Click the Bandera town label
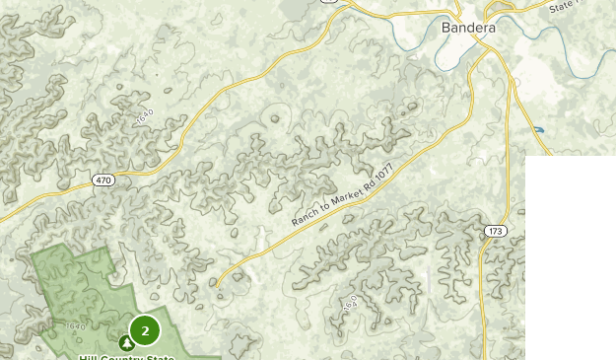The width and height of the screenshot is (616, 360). point(468,29)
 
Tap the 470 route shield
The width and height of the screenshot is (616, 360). point(103,180)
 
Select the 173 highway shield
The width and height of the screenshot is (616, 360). point(495,231)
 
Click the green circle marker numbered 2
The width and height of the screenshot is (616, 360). point(145,330)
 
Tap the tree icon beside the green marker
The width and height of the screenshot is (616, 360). point(126,343)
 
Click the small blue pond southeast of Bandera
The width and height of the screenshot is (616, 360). point(537,129)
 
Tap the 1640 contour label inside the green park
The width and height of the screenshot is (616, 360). point(74,325)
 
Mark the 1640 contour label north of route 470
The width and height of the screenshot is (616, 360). point(145,116)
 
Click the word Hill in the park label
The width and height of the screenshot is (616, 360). point(91,357)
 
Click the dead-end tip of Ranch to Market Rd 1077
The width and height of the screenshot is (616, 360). point(217,283)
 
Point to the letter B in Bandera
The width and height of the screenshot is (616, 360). point(447,29)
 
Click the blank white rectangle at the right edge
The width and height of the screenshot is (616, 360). point(570,256)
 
